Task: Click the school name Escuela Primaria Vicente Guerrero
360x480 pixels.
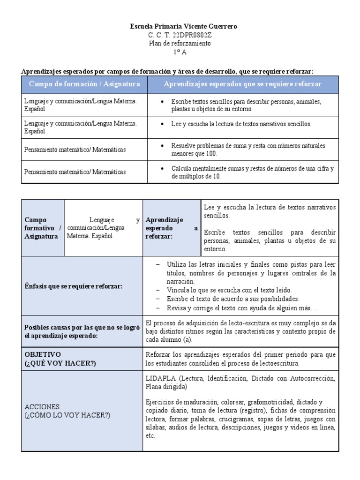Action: (x=183, y=27)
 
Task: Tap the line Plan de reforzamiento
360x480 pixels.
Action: (x=180, y=44)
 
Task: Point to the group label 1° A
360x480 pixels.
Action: (x=180, y=52)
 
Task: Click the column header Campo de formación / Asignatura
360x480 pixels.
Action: (x=84, y=84)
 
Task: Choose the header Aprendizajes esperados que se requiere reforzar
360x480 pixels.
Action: (x=242, y=84)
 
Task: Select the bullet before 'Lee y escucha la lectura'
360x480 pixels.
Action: (x=162, y=124)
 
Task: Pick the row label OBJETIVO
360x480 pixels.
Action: (x=43, y=354)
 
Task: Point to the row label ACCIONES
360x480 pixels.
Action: (x=42, y=407)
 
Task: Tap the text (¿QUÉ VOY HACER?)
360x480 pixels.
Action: (x=60, y=363)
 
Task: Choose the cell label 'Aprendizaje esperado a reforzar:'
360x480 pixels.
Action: (x=172, y=228)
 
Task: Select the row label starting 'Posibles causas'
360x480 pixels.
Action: (x=82, y=332)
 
